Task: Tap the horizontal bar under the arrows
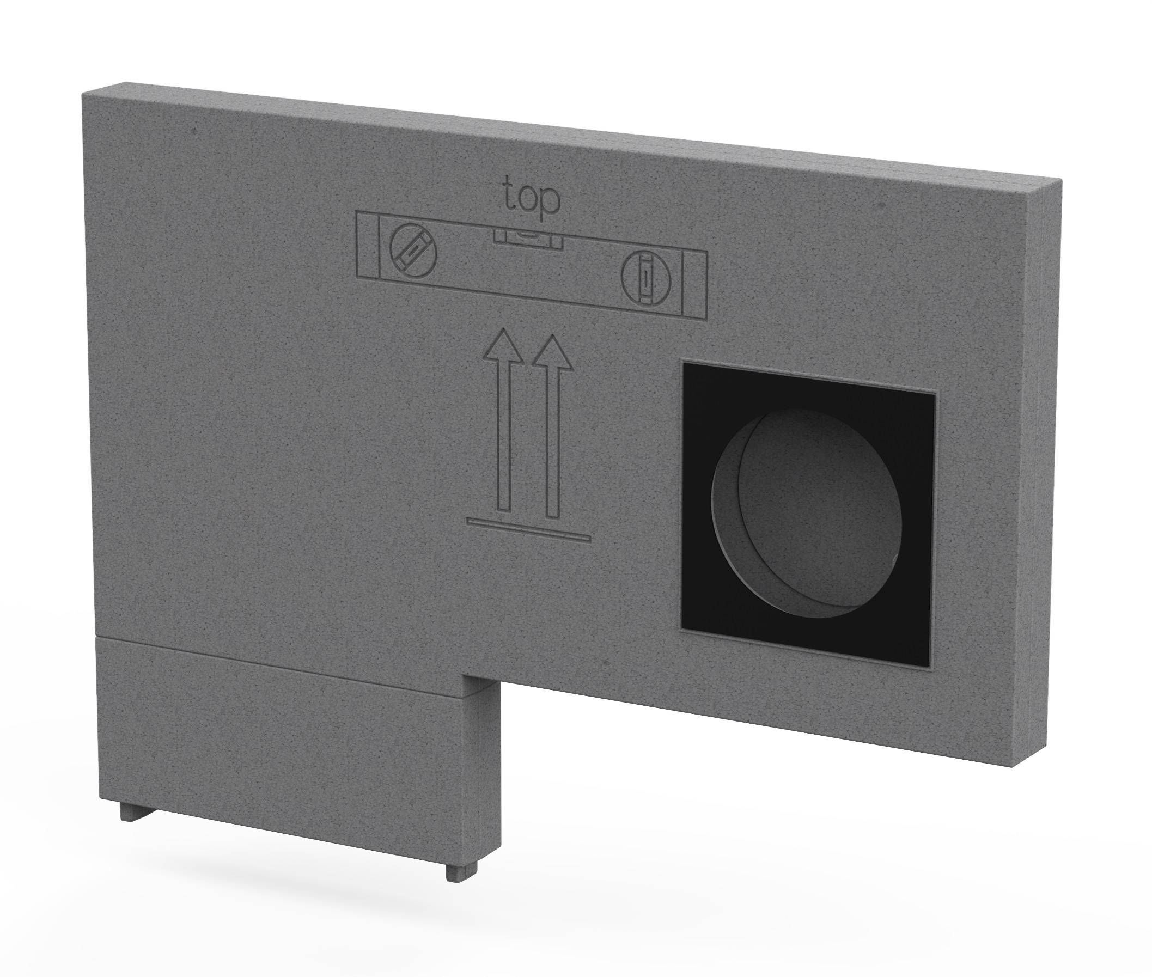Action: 529,528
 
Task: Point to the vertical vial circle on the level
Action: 645,280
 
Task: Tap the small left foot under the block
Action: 129,812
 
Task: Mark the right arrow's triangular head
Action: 552,352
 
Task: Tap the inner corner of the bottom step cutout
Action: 463,676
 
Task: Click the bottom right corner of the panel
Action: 1013,766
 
